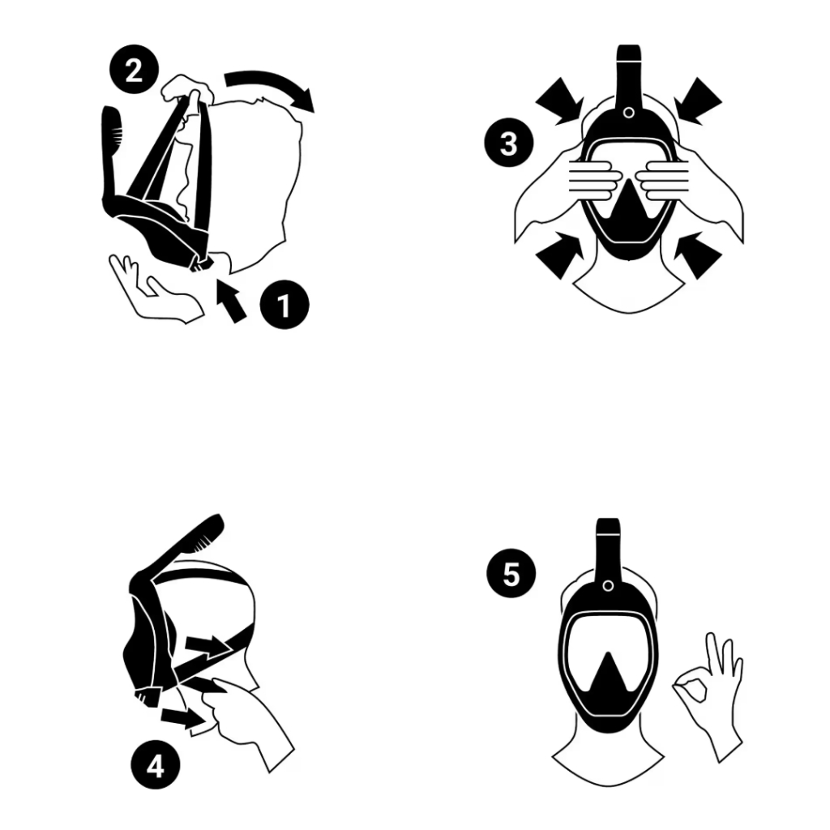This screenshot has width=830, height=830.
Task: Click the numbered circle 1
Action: (285, 305)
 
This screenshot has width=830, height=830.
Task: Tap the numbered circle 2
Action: (134, 70)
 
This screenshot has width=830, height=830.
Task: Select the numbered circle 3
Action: (509, 143)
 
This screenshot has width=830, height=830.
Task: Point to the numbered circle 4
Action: (156, 765)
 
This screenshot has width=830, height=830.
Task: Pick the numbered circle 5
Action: (511, 573)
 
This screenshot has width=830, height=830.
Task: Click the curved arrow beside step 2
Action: (270, 83)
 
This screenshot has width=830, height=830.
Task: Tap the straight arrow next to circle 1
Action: (231, 302)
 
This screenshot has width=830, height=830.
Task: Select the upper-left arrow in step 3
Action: (559, 101)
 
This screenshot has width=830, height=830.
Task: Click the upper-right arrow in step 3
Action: (698, 101)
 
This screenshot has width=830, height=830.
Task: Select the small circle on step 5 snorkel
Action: (608, 586)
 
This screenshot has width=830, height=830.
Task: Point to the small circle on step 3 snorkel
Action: (629, 112)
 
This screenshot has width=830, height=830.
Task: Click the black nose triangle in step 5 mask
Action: (609, 675)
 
